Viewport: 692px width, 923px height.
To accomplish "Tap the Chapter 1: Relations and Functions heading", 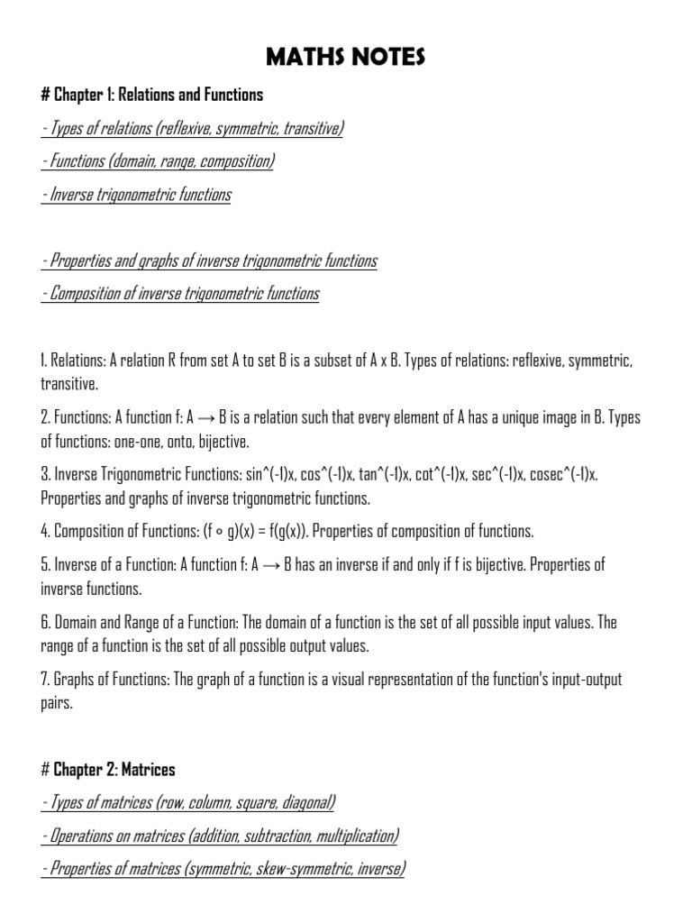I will click(152, 95).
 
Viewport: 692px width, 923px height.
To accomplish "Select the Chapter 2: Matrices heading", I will click(109, 769).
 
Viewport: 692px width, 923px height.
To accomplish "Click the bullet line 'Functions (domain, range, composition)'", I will click(158, 161).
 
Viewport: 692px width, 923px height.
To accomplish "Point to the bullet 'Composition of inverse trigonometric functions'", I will click(180, 294).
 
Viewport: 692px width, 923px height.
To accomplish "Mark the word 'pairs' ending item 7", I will click(56, 703).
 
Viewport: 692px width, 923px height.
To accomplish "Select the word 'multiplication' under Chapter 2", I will click(353, 836).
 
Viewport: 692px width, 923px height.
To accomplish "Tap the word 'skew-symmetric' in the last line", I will click(282, 869).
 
